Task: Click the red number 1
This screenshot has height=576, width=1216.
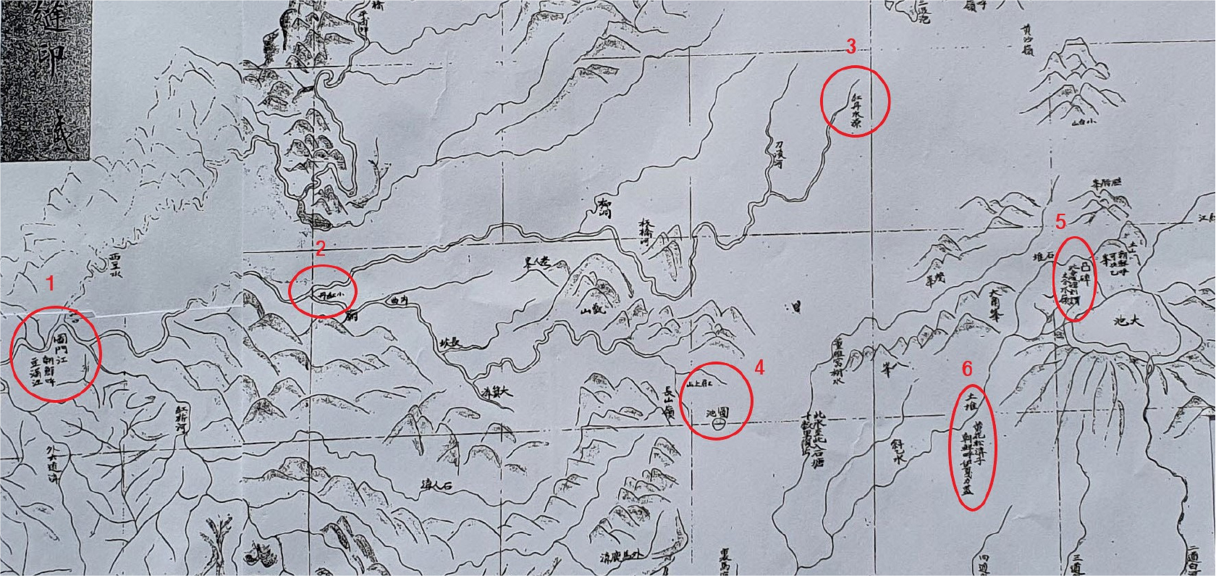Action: click(50, 284)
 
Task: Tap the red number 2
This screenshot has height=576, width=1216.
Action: click(321, 249)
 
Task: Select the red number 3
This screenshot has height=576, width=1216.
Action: click(851, 47)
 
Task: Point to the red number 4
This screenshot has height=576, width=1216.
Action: click(759, 367)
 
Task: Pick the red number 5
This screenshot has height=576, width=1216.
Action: click(1060, 221)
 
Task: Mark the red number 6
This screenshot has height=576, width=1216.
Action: click(967, 369)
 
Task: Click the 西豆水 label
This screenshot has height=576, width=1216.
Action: click(114, 265)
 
